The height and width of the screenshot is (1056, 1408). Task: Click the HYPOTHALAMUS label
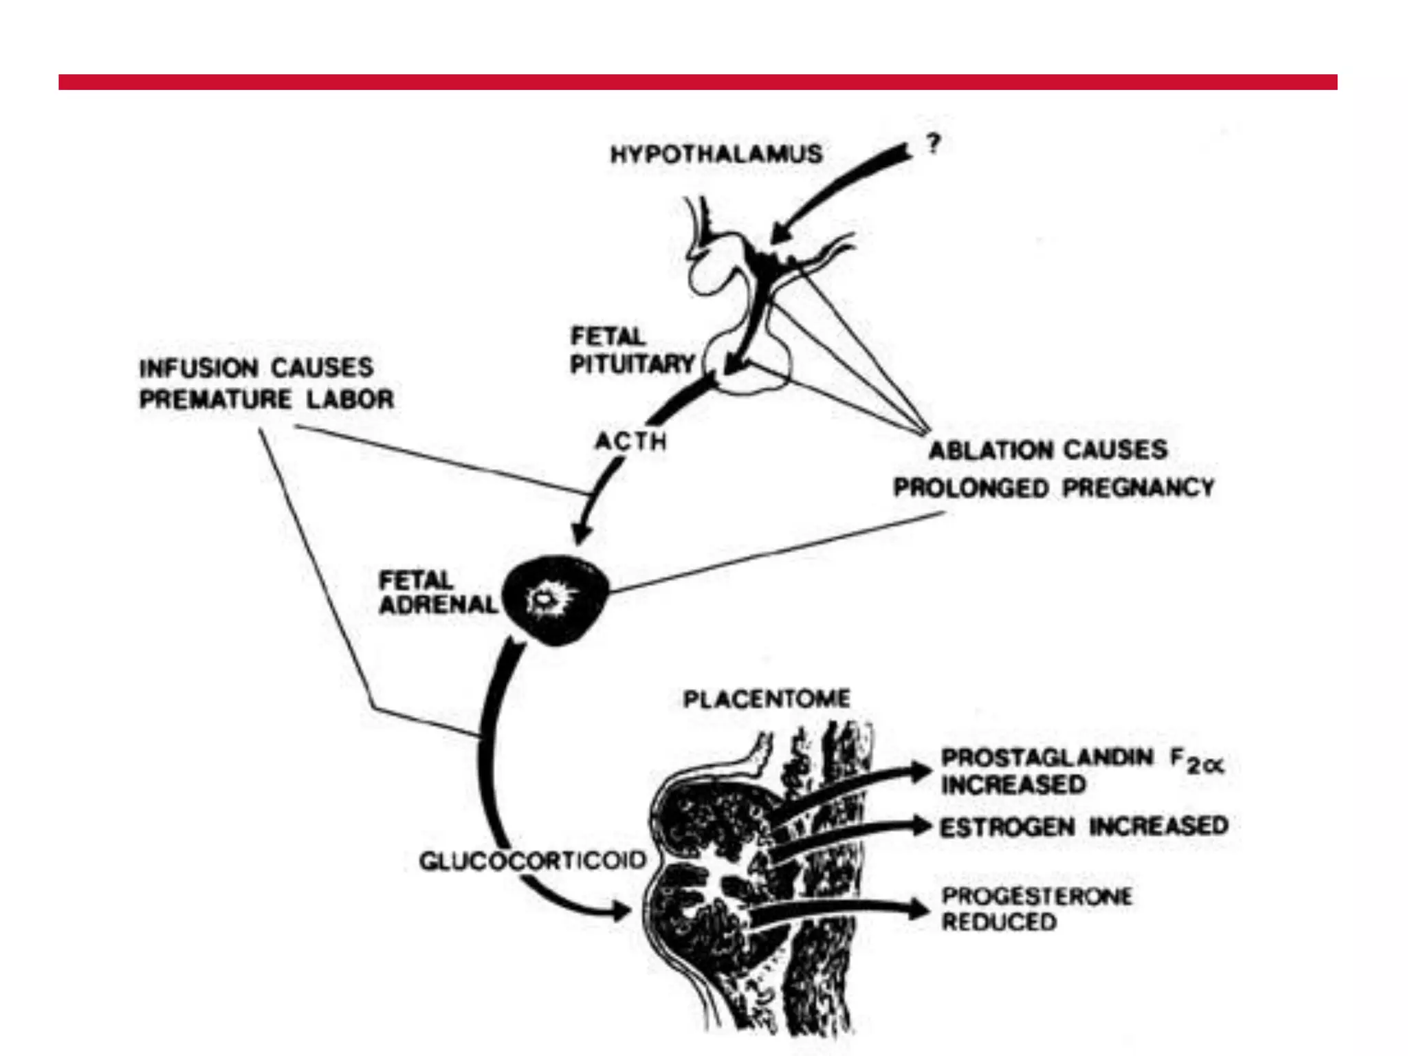pos(716,153)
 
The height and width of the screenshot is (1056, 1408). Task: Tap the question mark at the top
pos(933,144)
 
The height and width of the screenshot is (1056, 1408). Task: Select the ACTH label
pos(631,441)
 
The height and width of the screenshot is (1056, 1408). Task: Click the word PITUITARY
pos(632,364)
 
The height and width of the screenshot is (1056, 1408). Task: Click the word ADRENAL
pos(438,604)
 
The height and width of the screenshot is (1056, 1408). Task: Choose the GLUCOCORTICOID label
pos(533,860)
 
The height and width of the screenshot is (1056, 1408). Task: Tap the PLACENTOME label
pos(767,699)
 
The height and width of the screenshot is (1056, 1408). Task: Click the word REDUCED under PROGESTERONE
pos(999,922)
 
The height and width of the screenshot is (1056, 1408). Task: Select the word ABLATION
pos(980,450)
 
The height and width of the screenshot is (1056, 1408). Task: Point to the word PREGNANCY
pos(1138,487)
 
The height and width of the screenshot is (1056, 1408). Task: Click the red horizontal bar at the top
pos(698,82)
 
